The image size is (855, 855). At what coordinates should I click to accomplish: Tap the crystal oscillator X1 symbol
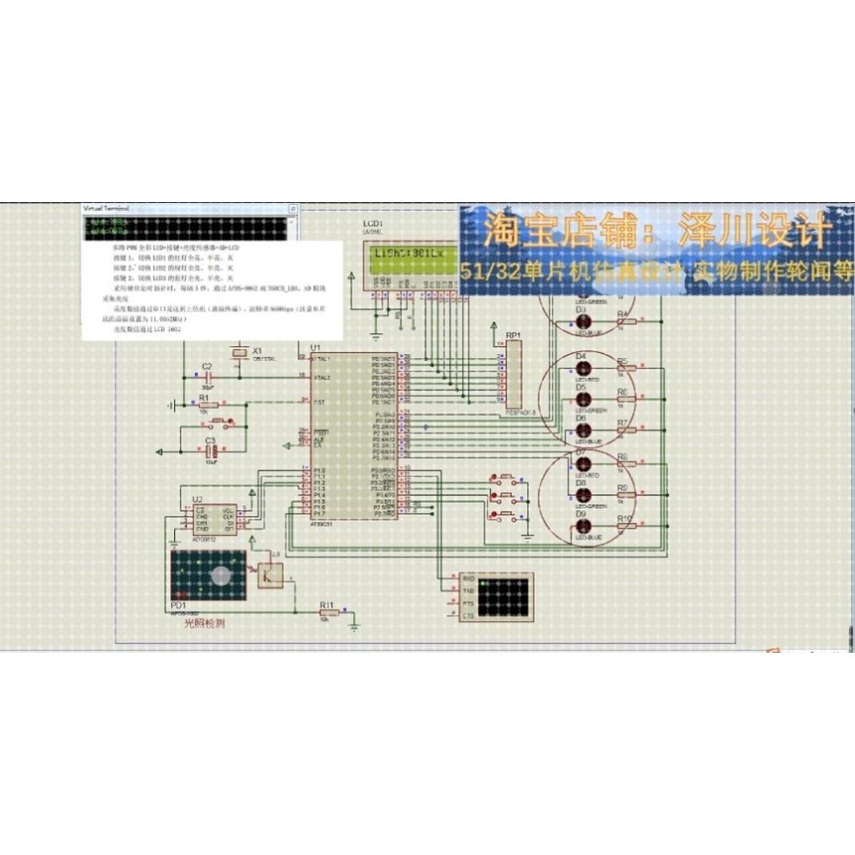coord(237,352)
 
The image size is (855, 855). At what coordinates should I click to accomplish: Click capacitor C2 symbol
coord(206,376)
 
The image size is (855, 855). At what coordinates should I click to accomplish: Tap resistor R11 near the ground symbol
coord(325,613)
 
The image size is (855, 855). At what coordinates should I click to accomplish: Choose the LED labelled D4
coord(584,368)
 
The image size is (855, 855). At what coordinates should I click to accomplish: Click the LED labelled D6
coord(584,430)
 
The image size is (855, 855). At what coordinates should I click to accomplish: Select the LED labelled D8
coord(584,495)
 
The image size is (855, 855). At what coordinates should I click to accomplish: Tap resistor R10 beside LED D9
coord(627,527)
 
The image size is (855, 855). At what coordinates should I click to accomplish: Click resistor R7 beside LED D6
coord(627,431)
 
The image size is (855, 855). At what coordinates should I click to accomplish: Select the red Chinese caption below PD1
coord(205,623)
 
